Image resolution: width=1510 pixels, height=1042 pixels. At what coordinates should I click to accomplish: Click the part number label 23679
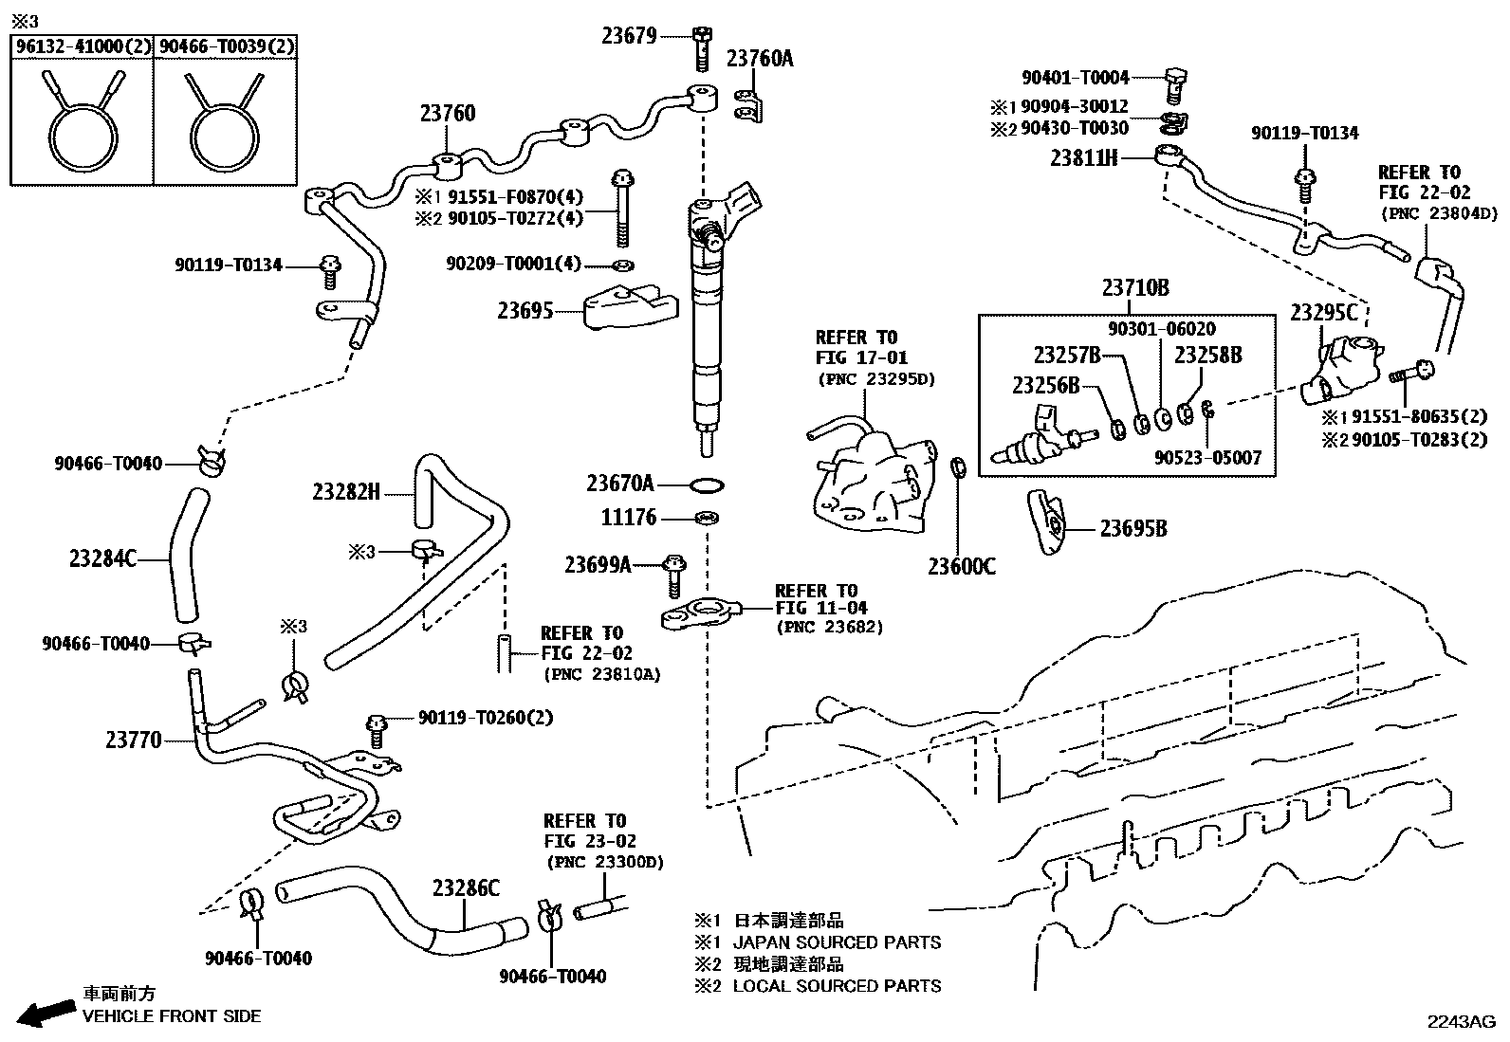tap(629, 37)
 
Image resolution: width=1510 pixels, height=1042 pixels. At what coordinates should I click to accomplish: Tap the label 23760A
tap(760, 59)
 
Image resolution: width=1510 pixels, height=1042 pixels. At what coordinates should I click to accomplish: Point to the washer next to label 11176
tap(706, 519)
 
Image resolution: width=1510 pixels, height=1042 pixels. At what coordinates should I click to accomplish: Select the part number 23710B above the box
tap(1134, 289)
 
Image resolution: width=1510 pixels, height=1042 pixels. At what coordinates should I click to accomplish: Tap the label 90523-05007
tap(1207, 458)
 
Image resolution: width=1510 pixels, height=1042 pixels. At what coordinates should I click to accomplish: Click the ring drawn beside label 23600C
tap(959, 468)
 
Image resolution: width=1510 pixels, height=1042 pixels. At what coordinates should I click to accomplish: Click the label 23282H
tap(346, 492)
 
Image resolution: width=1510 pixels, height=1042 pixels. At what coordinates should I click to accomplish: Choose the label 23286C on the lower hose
tap(466, 888)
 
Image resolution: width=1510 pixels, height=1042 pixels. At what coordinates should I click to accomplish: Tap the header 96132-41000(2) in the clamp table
tap(82, 46)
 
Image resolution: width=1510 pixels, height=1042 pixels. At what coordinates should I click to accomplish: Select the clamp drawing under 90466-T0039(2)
tap(224, 123)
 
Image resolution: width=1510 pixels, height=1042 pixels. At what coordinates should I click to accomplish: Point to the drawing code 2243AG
tap(1462, 1021)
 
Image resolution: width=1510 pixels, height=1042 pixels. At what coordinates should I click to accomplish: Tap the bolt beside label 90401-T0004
tap(1173, 85)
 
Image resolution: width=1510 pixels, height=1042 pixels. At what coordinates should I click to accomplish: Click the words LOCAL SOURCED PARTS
tap(837, 986)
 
